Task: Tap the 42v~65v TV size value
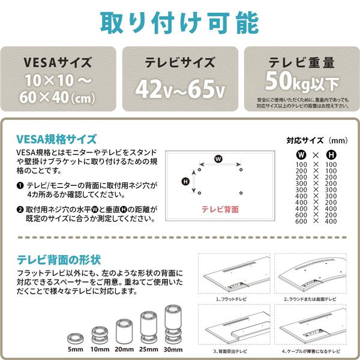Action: tap(179, 89)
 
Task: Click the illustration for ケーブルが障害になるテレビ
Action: tap(310, 325)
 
